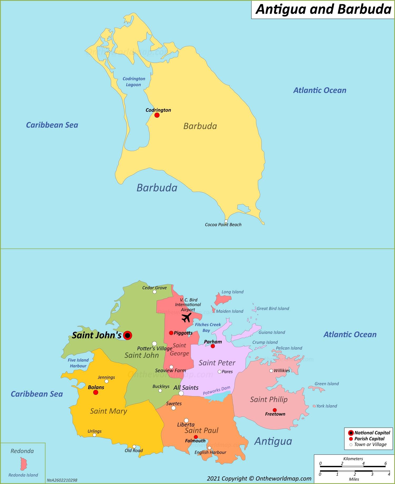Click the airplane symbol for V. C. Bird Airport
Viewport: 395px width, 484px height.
click(186, 317)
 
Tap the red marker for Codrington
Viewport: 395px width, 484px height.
click(157, 115)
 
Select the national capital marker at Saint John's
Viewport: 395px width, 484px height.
click(127, 335)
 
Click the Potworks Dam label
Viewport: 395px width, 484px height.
click(216, 390)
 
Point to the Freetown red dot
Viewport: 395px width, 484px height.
click(275, 410)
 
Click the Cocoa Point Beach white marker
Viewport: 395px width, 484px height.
click(226, 221)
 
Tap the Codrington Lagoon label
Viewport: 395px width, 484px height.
click(134, 82)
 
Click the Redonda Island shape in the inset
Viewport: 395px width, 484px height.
click(24, 464)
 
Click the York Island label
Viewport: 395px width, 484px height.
click(327, 406)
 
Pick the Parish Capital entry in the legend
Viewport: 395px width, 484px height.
click(369, 438)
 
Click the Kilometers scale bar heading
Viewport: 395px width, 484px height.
click(353, 458)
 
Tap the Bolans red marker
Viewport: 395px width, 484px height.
click(96, 392)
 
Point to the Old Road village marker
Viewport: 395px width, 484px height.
click(134, 446)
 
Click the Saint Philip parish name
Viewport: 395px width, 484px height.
click(269, 400)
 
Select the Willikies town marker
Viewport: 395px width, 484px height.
click(271, 371)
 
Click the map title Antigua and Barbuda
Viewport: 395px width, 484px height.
click(323, 9)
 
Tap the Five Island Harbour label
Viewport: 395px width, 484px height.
click(78, 363)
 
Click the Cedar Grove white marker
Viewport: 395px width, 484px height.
click(155, 292)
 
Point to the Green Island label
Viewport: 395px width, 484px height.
click(327, 384)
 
